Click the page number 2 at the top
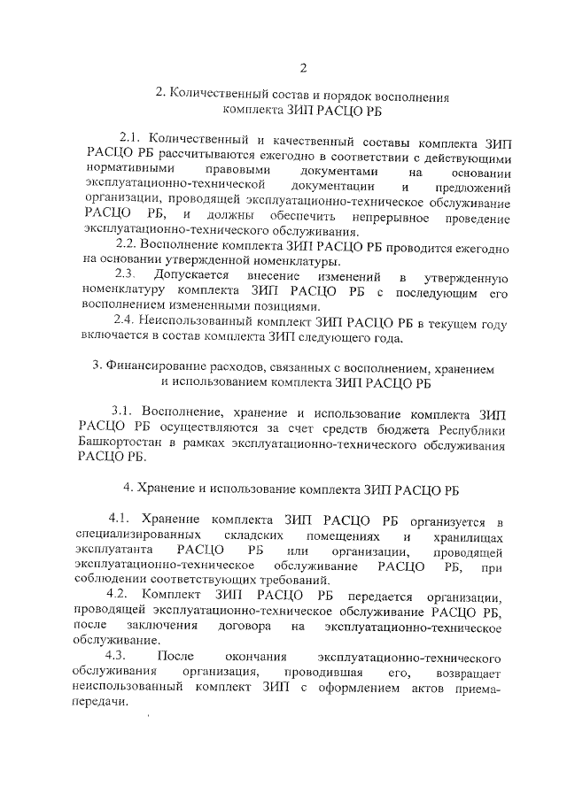pos(302,69)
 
